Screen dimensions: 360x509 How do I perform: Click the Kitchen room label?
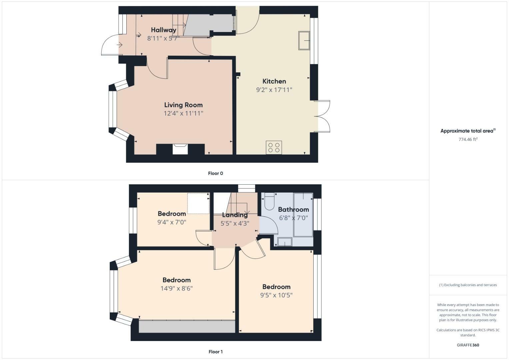point(274,81)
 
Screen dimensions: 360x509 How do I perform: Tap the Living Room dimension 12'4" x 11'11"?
point(183,113)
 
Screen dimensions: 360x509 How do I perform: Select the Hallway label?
point(163,30)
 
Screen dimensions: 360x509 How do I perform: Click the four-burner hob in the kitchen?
point(274,147)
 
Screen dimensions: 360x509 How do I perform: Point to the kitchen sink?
point(304,40)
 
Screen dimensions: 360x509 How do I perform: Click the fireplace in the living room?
point(180,149)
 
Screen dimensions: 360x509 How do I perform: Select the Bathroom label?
point(293,209)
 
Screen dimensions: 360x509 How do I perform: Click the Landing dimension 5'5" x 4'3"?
point(235,223)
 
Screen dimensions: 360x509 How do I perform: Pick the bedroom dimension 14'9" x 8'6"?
point(177,288)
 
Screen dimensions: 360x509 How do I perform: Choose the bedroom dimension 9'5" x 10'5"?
point(276,295)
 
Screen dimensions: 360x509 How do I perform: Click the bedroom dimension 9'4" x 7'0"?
point(172,222)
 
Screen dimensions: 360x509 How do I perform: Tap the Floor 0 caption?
point(215,173)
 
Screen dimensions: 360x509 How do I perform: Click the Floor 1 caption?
point(215,352)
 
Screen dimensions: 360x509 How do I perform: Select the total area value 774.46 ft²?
point(468,139)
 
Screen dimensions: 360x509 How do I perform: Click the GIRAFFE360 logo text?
point(468,345)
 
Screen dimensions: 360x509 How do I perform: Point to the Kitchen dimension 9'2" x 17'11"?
point(274,90)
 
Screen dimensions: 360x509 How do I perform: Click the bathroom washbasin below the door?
point(285,242)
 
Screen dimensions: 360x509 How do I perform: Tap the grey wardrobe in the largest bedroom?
point(187,326)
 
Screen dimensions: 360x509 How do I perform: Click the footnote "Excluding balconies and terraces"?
point(468,285)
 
